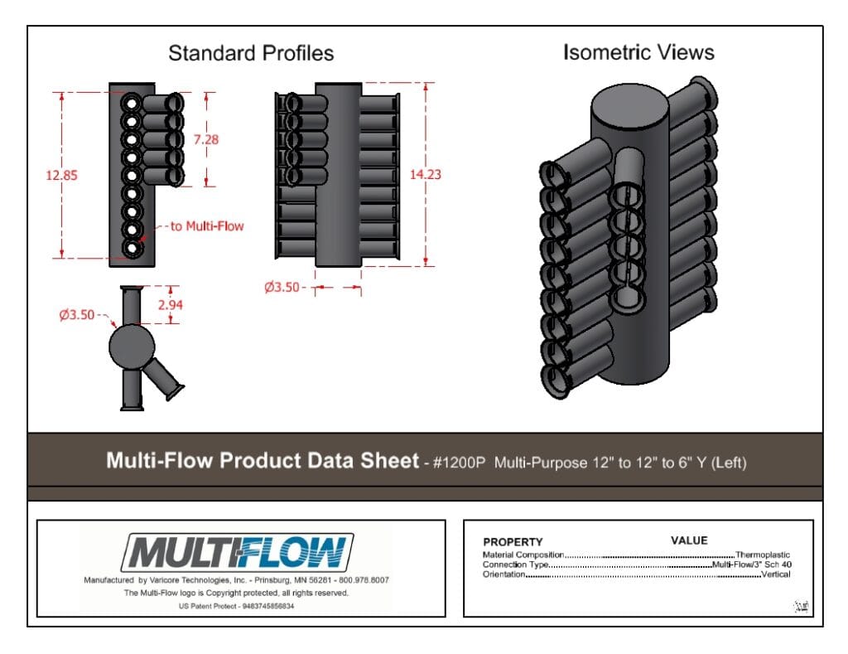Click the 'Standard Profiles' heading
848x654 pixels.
click(251, 53)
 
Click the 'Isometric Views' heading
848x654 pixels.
click(638, 52)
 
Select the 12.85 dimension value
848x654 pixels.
click(61, 175)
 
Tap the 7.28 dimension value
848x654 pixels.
click(206, 139)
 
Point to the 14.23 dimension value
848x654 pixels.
click(425, 174)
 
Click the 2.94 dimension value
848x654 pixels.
click(171, 304)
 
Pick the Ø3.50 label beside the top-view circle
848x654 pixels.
click(77, 314)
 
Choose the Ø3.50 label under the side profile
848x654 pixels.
click(282, 287)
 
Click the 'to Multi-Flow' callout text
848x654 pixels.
click(207, 225)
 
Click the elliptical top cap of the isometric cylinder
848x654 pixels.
click(629, 107)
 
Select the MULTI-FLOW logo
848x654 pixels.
click(238, 552)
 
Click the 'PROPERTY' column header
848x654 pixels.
click(513, 542)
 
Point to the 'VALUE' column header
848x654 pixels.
click(689, 540)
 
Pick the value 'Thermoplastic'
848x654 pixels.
click(763, 555)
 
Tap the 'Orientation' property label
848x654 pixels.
click(504, 574)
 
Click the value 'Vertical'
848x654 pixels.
click(775, 574)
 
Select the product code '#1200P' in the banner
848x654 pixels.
click(459, 463)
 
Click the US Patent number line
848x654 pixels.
click(236, 606)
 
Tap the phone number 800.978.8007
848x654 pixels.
click(364, 580)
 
